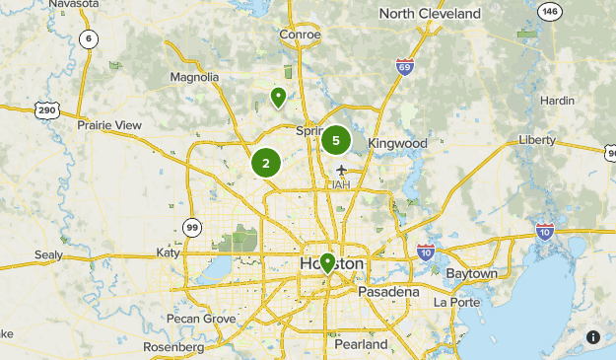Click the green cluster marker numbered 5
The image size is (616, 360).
tap(336, 140)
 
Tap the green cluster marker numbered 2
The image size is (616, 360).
tap(266, 163)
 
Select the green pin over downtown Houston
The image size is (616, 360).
tap(327, 262)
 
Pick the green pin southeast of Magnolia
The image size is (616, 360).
tap(279, 97)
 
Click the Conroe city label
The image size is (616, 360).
tap(300, 35)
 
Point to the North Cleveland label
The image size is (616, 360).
tap(430, 14)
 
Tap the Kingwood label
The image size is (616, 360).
tap(397, 143)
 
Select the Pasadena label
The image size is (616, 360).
tap(388, 292)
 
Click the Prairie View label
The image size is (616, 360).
tap(109, 125)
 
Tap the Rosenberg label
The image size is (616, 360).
tap(172, 346)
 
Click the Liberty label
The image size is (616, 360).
tap(537, 140)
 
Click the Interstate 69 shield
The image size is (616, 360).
tap(404, 67)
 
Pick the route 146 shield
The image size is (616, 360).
tap(549, 12)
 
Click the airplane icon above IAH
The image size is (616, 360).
tap(342, 169)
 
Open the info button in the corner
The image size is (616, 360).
tap(593, 337)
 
